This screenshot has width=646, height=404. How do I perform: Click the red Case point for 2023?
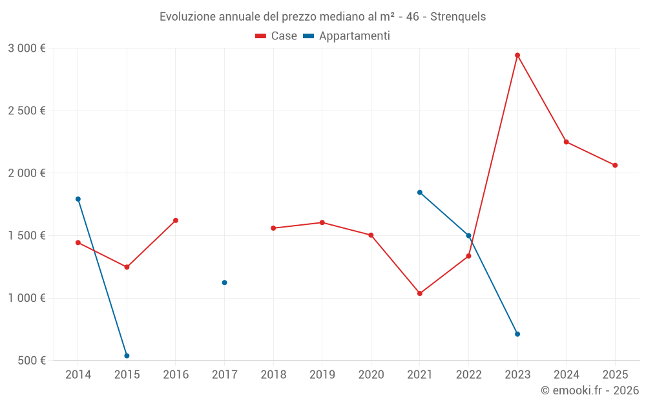[x=517, y=56]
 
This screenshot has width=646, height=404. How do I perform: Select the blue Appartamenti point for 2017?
[x=224, y=282]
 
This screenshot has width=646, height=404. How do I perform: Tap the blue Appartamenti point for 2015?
[x=127, y=356]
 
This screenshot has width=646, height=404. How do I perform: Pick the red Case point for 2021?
[x=420, y=293]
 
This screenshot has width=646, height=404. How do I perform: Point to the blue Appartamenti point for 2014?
[x=78, y=199]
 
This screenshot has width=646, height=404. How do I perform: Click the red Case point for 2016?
[x=176, y=220]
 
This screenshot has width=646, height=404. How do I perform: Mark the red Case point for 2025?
[x=615, y=165]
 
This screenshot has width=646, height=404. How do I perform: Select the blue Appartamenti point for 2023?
[x=517, y=334]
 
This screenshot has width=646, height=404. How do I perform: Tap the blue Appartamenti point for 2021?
[x=420, y=193]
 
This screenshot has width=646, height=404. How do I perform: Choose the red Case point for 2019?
[x=322, y=222]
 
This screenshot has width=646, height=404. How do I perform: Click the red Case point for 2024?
[x=567, y=142]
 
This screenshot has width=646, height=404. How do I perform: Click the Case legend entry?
[x=276, y=36]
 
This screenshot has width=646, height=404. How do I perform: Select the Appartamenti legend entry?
[x=347, y=36]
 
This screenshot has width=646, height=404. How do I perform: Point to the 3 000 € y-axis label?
[x=26, y=48]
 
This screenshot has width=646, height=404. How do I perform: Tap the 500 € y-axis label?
[x=32, y=361]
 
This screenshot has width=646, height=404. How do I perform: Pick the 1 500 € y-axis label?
[x=26, y=236]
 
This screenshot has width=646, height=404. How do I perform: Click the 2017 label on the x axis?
[x=224, y=375]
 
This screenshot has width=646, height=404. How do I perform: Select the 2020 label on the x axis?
[x=371, y=375]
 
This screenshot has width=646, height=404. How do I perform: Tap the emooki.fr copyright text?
[x=589, y=390]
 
